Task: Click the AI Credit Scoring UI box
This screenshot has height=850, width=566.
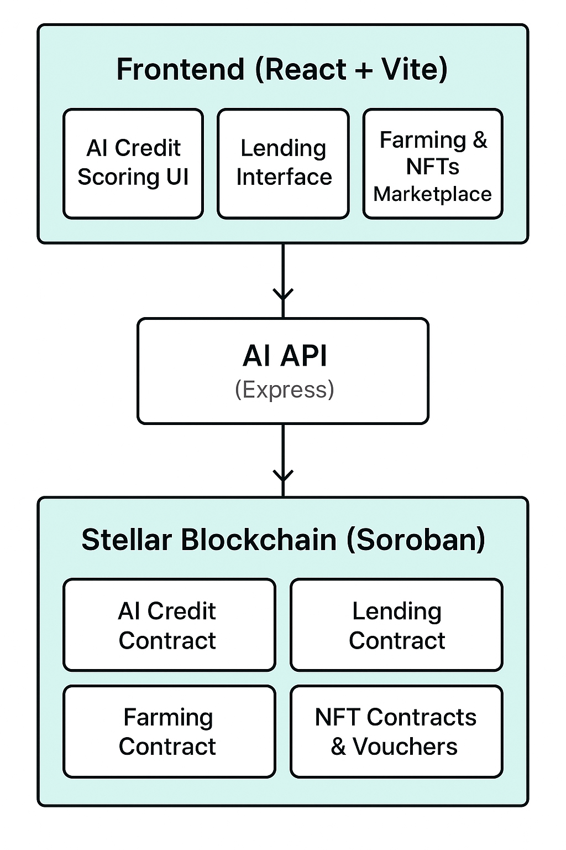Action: click(x=133, y=163)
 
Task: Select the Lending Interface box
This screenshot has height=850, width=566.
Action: click(x=283, y=163)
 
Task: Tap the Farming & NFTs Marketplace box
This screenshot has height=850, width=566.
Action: click(x=433, y=163)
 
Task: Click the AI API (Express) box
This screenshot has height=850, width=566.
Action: click(x=283, y=371)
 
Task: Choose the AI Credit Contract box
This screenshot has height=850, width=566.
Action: click(x=169, y=625)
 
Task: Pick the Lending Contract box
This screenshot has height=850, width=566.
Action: click(x=396, y=625)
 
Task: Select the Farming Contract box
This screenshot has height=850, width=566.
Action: click(x=169, y=731)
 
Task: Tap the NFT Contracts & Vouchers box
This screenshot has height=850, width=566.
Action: click(x=396, y=731)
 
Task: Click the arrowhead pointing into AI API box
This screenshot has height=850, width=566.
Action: click(x=283, y=294)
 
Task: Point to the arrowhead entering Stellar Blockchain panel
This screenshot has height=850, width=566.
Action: click(x=283, y=476)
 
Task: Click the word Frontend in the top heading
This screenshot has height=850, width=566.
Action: click(x=180, y=70)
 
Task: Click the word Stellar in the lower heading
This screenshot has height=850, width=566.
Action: click(x=127, y=540)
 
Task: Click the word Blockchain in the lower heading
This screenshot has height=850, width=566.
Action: click(x=259, y=540)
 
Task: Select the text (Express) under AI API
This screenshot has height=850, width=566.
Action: click(x=284, y=390)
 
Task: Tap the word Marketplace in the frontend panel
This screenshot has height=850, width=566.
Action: click(x=432, y=194)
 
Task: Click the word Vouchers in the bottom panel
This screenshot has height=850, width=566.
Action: click(x=405, y=747)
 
